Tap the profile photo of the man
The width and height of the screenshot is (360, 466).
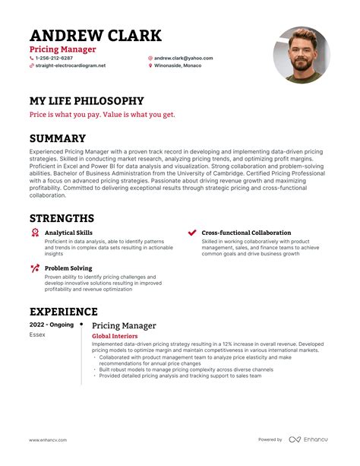(x=302, y=55)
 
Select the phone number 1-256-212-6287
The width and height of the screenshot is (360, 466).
(x=54, y=58)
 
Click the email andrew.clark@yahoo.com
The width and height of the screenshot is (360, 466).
(x=183, y=58)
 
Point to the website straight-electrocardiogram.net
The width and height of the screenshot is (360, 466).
(x=70, y=66)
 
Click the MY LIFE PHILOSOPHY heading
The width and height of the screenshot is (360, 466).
(x=86, y=100)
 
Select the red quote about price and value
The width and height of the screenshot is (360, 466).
(x=102, y=115)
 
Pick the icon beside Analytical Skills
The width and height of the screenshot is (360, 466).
(x=34, y=233)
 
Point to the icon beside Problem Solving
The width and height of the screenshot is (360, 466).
(x=34, y=268)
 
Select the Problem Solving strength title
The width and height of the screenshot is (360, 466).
(x=68, y=268)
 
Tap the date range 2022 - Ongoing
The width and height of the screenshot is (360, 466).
(x=52, y=325)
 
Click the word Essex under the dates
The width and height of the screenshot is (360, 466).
(x=38, y=334)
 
